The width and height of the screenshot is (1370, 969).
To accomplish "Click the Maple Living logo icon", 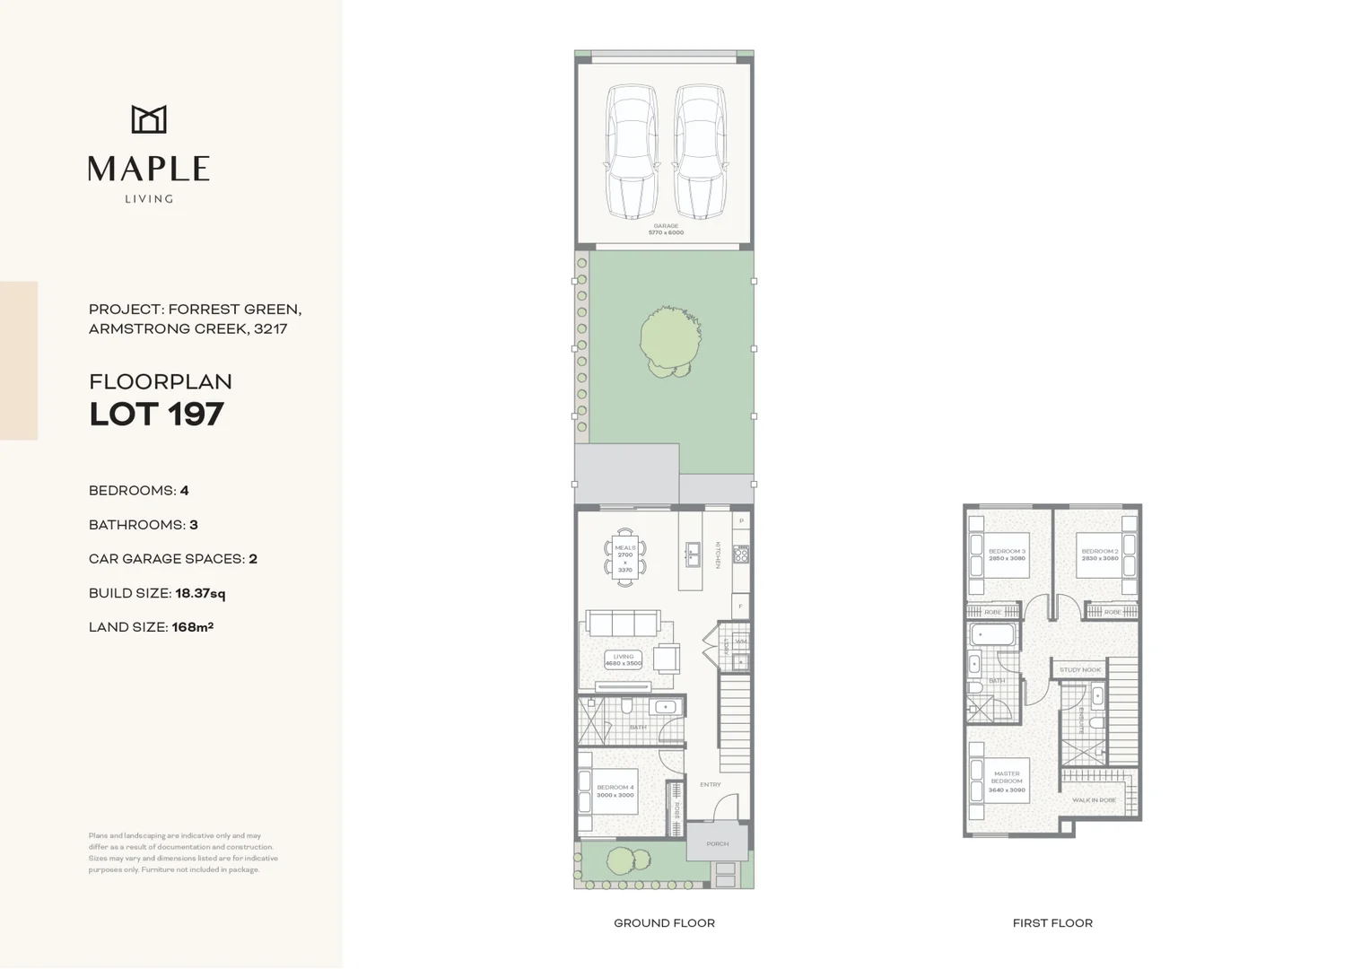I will click(x=149, y=119).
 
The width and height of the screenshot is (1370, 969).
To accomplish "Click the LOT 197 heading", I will click(x=156, y=415).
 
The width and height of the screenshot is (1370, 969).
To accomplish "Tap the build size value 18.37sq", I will click(x=200, y=593).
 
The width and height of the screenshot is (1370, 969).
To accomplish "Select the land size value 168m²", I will click(x=193, y=627).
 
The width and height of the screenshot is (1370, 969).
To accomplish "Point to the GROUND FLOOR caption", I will click(x=664, y=922).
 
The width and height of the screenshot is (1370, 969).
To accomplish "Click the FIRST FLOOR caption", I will click(x=1052, y=922).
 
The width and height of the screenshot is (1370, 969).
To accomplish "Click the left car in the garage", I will click(x=631, y=151).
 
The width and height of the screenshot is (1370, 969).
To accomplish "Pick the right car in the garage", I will click(x=700, y=151).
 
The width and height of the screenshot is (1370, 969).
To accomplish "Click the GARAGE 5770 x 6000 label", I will click(x=666, y=230).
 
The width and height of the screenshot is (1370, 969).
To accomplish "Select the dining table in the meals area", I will click(x=625, y=557).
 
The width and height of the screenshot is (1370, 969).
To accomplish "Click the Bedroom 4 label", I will click(x=615, y=790).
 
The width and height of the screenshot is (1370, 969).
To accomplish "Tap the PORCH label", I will click(x=717, y=843).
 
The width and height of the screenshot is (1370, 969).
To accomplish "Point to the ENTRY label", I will click(x=711, y=784).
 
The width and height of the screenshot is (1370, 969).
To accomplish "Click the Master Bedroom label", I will click(x=1007, y=781).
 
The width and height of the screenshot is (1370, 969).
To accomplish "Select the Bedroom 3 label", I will click(x=1007, y=554).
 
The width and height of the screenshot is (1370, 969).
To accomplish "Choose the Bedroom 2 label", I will click(x=1100, y=554).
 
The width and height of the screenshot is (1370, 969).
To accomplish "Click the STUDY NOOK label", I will click(x=1079, y=669).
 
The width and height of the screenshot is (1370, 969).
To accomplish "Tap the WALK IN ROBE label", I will click(x=1094, y=799).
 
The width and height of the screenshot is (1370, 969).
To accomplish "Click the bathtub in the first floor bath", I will click(x=992, y=635).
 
